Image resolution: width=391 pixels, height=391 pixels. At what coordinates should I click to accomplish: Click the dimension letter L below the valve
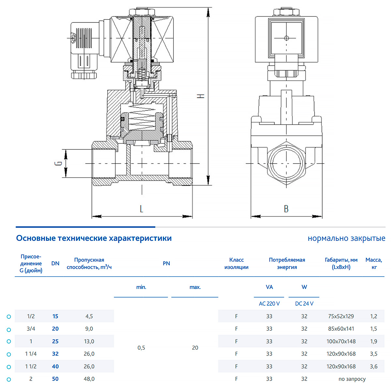pos(141,209)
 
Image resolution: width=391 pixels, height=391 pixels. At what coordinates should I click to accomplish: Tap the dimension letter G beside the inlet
pos(58,163)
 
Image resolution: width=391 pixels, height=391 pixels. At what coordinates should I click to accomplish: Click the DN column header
pos(55,263)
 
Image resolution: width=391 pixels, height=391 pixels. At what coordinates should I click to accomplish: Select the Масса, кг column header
pos(373,263)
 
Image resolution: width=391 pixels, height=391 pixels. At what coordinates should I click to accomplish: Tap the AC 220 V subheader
pos(269,304)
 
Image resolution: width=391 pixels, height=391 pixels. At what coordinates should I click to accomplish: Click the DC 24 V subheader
pos(304,304)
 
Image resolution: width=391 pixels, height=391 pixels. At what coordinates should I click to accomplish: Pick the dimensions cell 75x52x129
pos(341,316)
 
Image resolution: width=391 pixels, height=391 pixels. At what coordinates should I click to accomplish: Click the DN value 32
pos(55,354)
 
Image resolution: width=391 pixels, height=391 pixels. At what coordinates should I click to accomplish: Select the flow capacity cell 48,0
pos(89,379)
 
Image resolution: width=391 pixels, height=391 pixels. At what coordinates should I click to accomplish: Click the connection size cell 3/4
pos(31,328)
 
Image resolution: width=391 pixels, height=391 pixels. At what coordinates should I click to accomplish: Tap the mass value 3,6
pos(373,366)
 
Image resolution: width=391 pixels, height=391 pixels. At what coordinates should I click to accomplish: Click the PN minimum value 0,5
pos(141,348)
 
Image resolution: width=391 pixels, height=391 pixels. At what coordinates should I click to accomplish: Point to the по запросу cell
pos(352,379)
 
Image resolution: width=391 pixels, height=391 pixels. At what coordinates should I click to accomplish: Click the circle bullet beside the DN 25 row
pos(9,341)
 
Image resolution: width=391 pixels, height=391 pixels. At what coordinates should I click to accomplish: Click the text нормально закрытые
pos(346,238)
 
